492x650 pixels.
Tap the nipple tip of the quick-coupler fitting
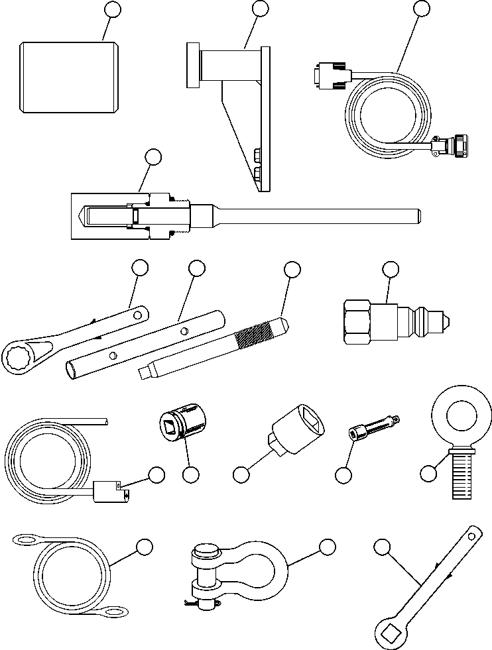point(446,321)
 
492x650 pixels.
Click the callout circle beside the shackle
point(326,547)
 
